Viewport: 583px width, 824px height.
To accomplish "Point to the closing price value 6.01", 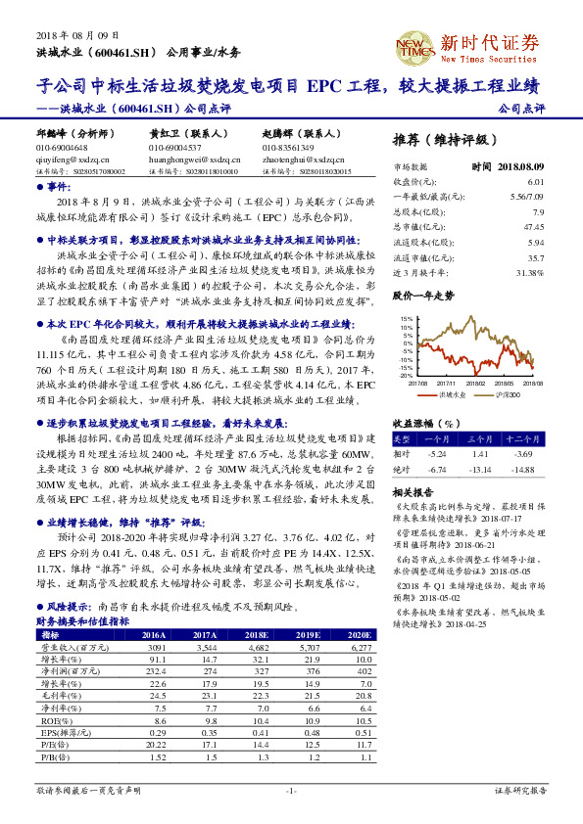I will pyautogui.click(x=535, y=182).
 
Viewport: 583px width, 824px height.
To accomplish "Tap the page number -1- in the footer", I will pyautogui.click(x=290, y=790).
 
